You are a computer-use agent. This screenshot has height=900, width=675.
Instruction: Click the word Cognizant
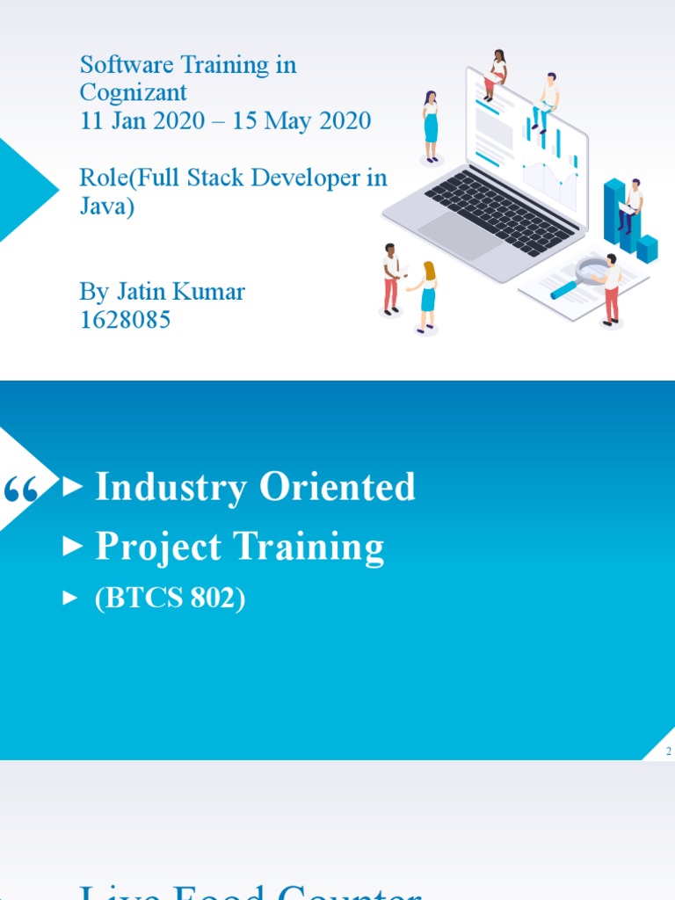[x=134, y=92]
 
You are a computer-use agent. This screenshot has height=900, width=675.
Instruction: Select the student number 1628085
[x=125, y=320]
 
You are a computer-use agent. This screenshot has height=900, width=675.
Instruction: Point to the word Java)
[x=107, y=207]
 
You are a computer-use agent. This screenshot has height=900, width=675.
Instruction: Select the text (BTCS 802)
[x=170, y=599]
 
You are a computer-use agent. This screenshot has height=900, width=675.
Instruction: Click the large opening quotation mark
[x=22, y=490]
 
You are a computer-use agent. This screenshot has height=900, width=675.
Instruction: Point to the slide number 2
[x=669, y=751]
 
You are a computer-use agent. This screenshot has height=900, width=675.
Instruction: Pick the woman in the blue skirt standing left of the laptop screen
[x=431, y=125]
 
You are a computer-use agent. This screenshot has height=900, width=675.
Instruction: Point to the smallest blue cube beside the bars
[x=647, y=248]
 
